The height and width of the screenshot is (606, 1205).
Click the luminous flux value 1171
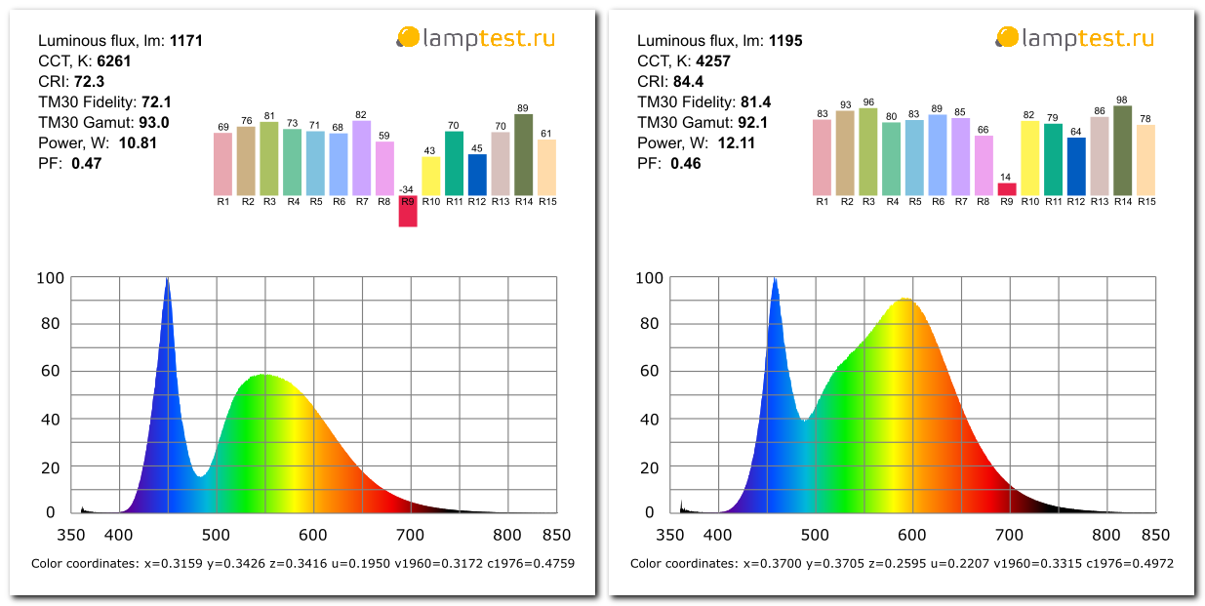click(185, 41)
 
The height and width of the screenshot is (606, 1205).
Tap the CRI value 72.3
click(89, 82)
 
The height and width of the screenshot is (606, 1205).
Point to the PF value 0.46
click(685, 164)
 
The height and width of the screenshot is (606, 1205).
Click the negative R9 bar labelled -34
click(408, 211)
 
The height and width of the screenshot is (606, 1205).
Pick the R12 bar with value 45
click(477, 175)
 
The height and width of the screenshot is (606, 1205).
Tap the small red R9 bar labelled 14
click(1007, 189)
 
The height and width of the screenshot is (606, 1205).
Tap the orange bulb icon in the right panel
click(1006, 38)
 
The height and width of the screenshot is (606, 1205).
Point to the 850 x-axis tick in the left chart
click(556, 535)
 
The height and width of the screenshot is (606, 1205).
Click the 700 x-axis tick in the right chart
click(1009, 535)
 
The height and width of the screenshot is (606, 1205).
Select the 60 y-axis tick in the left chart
click(50, 371)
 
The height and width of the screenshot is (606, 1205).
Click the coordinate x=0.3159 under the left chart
click(170, 563)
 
